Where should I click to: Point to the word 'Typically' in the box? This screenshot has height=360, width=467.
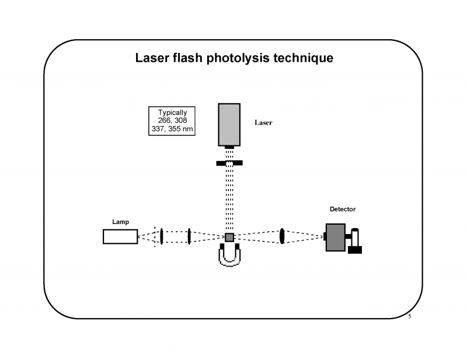(172, 112)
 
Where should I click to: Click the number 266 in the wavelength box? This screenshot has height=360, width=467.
(165, 120)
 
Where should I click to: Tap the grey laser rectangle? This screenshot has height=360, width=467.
(229, 124)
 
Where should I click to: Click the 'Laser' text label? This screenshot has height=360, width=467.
(263, 123)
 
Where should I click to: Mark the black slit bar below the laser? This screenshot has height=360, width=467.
(229, 163)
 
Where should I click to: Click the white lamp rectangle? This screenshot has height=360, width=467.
(120, 236)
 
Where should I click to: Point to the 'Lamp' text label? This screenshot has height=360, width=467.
(120, 222)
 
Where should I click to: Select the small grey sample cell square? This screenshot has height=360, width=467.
(229, 237)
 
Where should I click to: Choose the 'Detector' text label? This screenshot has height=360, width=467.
(342, 209)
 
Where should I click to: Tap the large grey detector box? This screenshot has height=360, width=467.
(334, 237)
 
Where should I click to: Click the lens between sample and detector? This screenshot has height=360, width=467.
(282, 236)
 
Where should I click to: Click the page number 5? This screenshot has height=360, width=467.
(409, 317)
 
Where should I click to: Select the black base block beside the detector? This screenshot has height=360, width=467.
(355, 250)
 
